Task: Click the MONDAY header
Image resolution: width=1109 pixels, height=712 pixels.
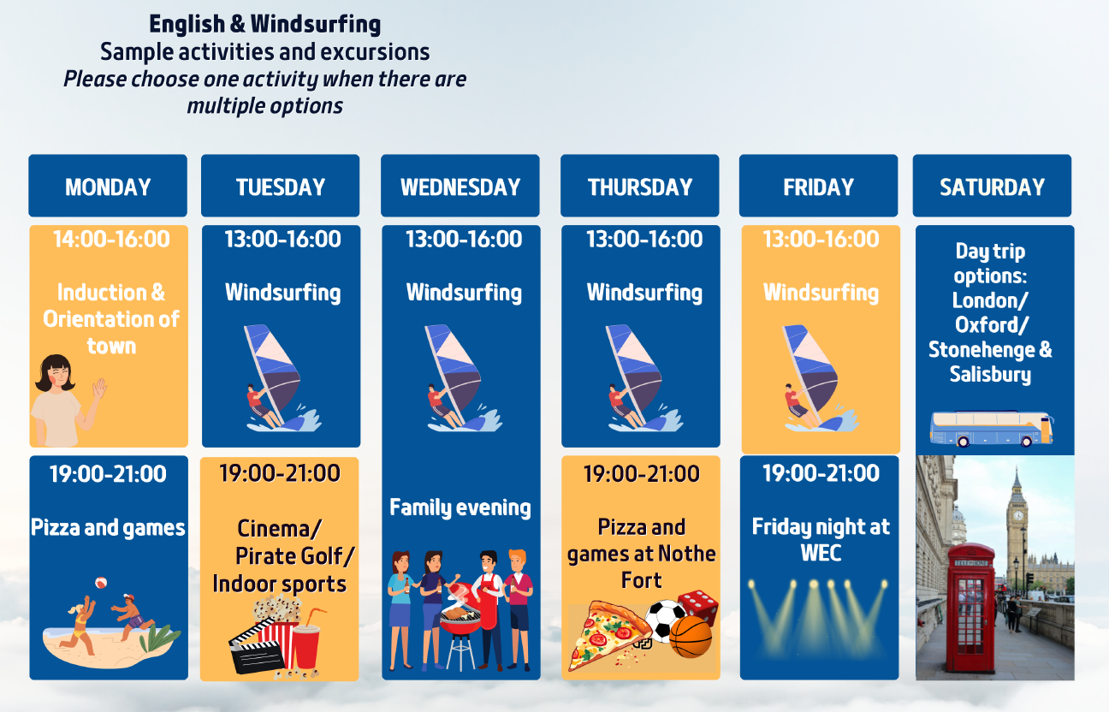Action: tap(108, 187)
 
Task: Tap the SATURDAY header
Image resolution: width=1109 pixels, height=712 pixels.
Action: tap(992, 187)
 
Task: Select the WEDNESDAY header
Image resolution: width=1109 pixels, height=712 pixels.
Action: tap(460, 187)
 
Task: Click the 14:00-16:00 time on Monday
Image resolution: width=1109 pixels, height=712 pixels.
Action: tap(111, 239)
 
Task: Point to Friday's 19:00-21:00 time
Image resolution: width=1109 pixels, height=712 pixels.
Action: tap(821, 473)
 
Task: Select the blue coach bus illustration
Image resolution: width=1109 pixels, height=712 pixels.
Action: tap(991, 429)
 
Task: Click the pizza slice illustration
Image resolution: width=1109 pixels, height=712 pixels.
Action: tap(609, 635)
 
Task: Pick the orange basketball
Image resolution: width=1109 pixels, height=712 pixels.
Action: tap(691, 637)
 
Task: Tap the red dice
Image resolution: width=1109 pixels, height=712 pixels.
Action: tap(698, 607)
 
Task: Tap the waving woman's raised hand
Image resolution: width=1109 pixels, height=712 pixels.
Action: tap(99, 389)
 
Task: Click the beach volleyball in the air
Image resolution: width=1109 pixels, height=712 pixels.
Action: tap(101, 583)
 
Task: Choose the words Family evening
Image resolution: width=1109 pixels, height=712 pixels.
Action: tap(460, 507)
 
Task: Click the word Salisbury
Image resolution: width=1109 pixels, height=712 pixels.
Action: tap(990, 374)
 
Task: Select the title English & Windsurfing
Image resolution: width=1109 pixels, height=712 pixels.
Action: tap(265, 24)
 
